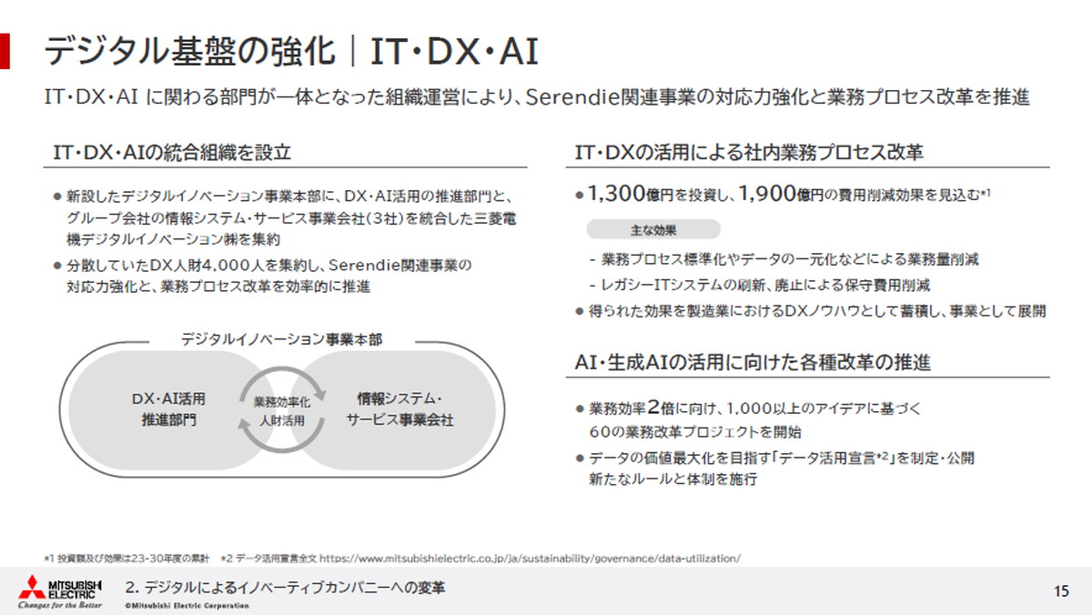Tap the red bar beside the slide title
coord(5,51)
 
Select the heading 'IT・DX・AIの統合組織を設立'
coord(172,154)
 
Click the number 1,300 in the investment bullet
coord(618,194)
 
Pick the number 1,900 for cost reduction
coord(767,194)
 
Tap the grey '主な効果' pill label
coord(652,229)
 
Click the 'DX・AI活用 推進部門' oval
coord(168,408)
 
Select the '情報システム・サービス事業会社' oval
coord(399,408)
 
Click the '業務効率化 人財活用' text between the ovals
coord(281,410)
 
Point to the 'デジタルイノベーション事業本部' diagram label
coord(281,338)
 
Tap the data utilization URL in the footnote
coord(529,556)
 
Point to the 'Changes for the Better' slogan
coord(60,605)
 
